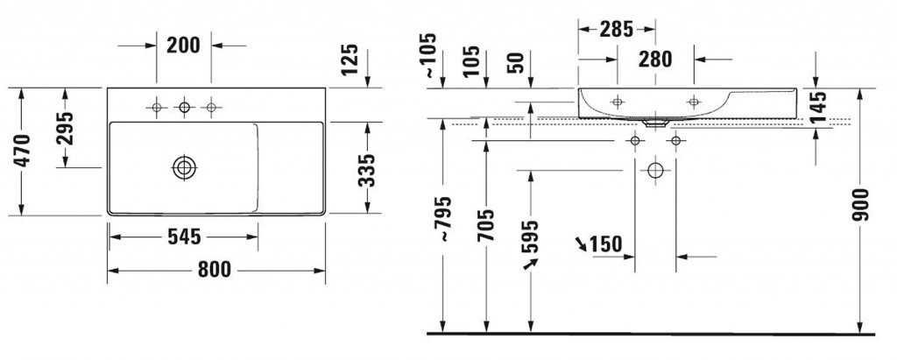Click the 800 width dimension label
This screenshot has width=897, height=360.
pyautogui.click(x=215, y=269)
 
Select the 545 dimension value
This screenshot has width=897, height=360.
pyautogui.click(x=184, y=236)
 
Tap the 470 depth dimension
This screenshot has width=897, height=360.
pyautogui.click(x=23, y=152)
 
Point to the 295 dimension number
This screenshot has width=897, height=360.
pyautogui.click(x=66, y=128)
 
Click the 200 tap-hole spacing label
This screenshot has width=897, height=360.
pyautogui.click(x=184, y=46)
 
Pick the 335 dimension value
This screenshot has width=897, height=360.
pyautogui.click(x=367, y=170)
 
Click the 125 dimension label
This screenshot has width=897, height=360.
pyautogui.click(x=349, y=60)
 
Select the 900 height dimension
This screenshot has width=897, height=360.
pyautogui.click(x=860, y=205)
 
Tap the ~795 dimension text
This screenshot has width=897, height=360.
pyautogui.click(x=443, y=220)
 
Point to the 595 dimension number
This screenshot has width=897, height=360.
pyautogui.click(x=530, y=236)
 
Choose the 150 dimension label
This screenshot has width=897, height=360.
pyautogui.click(x=606, y=244)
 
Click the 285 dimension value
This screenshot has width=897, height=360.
pyautogui.click(x=617, y=29)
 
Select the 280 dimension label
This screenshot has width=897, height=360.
pyautogui.click(x=655, y=59)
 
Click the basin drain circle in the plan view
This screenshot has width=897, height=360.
pyautogui.click(x=184, y=167)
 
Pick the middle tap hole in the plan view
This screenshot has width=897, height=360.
pyautogui.click(x=184, y=107)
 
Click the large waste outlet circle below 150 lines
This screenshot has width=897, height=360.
pyautogui.click(x=655, y=171)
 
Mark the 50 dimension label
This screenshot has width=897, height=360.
pyautogui.click(x=515, y=64)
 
